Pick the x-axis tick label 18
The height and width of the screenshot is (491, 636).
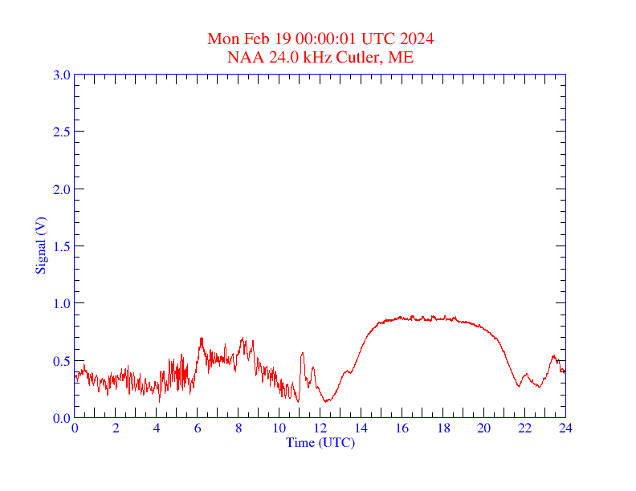(443, 428)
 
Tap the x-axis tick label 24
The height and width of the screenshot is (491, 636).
(565, 428)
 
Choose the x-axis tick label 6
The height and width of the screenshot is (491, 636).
(198, 428)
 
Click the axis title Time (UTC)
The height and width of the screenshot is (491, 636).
(320, 442)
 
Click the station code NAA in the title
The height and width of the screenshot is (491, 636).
(243, 57)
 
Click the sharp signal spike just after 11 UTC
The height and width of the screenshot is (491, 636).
(303, 353)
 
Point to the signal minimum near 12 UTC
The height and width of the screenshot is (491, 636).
(325, 400)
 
